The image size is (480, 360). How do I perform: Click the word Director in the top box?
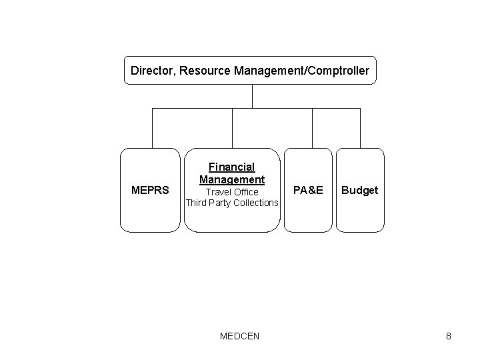(151, 70)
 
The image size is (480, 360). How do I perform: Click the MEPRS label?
(151, 191)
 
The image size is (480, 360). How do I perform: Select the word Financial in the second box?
(232, 167)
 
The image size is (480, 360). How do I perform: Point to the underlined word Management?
(232, 179)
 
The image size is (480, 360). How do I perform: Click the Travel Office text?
(232, 192)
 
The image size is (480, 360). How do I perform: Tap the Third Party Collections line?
(232, 203)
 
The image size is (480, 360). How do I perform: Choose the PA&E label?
(308, 191)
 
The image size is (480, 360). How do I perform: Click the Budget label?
(360, 191)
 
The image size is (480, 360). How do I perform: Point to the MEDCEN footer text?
(239, 336)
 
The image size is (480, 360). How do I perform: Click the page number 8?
(449, 336)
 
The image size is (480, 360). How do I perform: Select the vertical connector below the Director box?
(252, 96)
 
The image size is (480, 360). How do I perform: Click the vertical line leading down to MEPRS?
(152, 128)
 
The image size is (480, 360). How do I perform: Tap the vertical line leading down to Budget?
(360, 128)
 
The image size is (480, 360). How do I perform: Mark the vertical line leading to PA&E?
(312, 128)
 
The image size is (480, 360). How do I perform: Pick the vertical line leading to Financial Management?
(232, 128)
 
